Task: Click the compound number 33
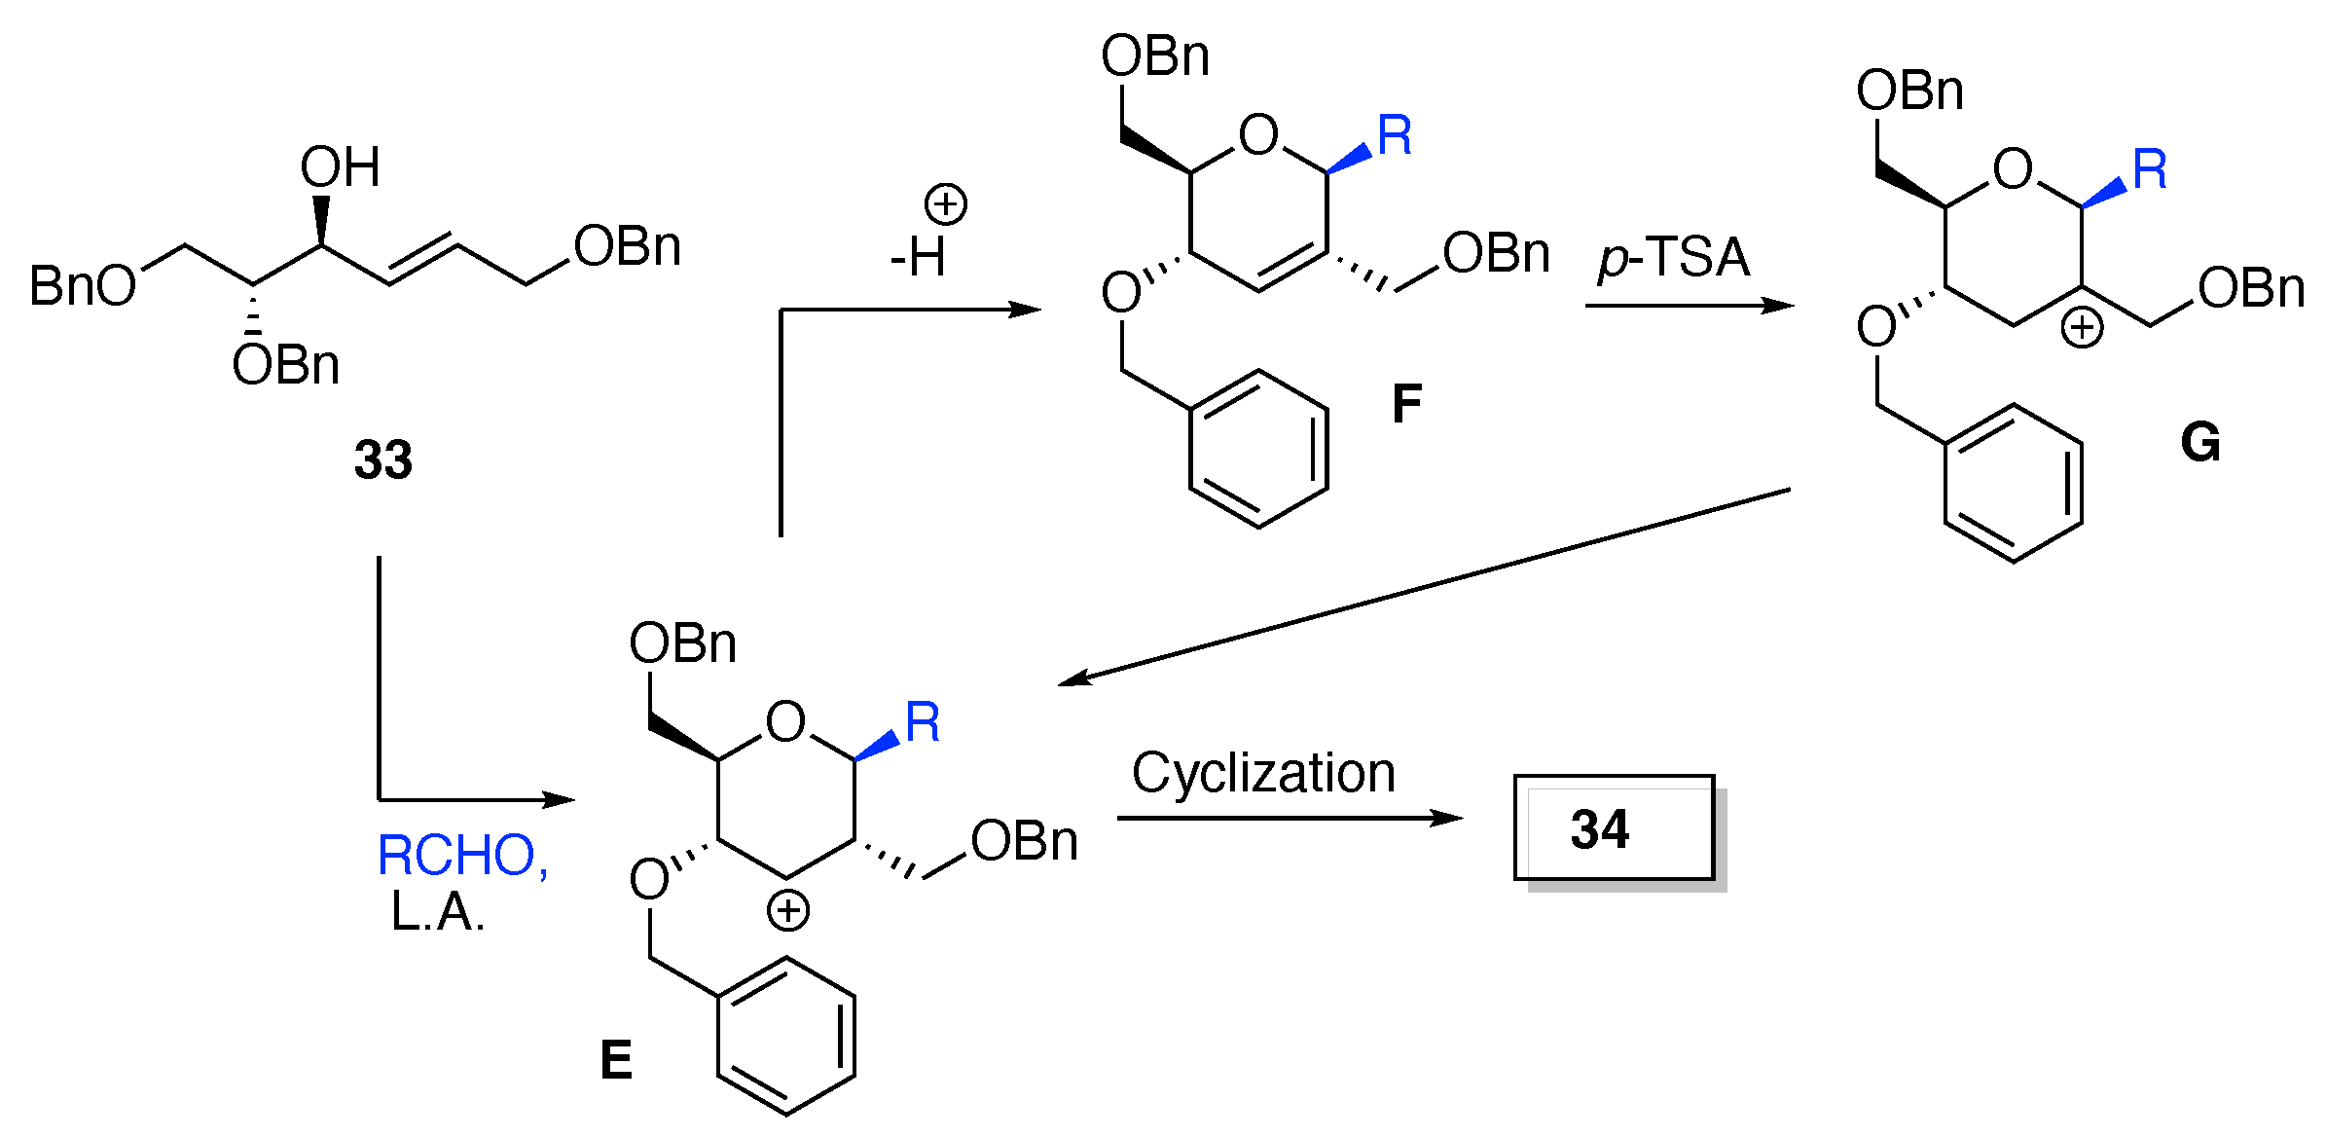click(x=383, y=459)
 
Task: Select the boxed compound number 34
click(x=1599, y=829)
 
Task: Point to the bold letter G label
click(x=2199, y=442)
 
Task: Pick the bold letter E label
click(x=616, y=1060)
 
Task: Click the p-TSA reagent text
click(x=1673, y=258)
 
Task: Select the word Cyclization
click(x=1263, y=773)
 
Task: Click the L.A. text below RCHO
click(x=437, y=912)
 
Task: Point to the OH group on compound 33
click(x=340, y=167)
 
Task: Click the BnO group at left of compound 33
click(x=83, y=286)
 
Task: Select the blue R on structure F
click(x=1394, y=135)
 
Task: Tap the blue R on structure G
click(x=2149, y=169)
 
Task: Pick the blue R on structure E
click(x=922, y=723)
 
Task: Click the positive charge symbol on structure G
click(x=2082, y=328)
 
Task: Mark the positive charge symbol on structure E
click(x=787, y=911)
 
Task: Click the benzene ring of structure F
click(x=1258, y=449)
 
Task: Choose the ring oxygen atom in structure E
click(x=785, y=721)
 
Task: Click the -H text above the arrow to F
click(x=917, y=259)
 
